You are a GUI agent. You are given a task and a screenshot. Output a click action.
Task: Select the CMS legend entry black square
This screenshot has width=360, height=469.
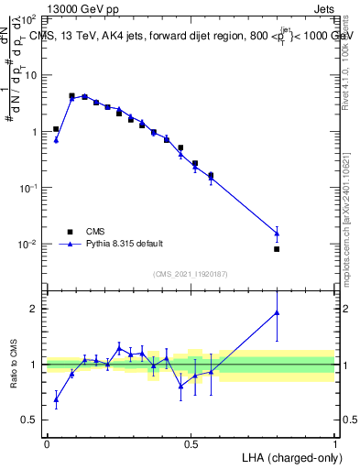[x=68, y=232]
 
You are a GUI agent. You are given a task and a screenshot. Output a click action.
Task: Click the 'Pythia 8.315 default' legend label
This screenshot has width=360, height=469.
[x=125, y=244]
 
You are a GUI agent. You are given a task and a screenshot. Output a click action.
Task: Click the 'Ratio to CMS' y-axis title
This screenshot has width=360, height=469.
[x=12, y=364]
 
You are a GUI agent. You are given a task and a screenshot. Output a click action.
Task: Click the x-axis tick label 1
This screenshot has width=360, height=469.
[x=334, y=443]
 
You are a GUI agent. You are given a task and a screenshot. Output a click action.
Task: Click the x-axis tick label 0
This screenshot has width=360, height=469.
[x=47, y=443]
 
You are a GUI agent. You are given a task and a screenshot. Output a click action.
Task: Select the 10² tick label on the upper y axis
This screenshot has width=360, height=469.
[x=29, y=18]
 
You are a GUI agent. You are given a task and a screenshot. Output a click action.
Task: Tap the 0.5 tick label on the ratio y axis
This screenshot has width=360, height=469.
[x=29, y=420]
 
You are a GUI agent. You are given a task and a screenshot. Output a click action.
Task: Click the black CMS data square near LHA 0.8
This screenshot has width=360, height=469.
[x=277, y=249]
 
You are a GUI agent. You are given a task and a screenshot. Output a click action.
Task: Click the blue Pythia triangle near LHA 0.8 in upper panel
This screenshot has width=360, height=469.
[x=277, y=233]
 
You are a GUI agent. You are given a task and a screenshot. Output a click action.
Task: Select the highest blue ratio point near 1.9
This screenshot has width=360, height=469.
[x=277, y=312]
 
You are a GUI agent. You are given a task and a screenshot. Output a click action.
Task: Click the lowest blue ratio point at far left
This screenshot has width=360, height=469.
[x=56, y=398]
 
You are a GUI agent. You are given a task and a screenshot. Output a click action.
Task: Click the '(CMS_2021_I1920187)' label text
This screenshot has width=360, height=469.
[x=191, y=273]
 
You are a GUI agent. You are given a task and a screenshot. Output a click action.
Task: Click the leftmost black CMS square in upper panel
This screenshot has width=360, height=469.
[x=56, y=129]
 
